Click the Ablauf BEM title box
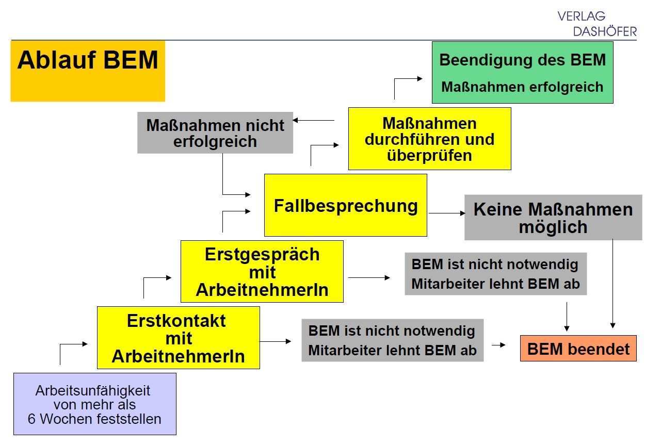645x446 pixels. click(88, 71)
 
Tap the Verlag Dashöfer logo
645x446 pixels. click(597, 24)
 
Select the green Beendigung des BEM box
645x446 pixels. click(522, 72)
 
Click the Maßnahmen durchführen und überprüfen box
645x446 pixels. click(429, 139)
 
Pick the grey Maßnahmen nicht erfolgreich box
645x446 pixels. click(215, 133)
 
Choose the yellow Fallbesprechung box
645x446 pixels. click(345, 205)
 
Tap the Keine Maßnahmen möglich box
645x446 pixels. click(553, 218)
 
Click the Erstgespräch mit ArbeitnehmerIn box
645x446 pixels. click(262, 271)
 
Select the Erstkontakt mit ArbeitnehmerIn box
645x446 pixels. click(178, 338)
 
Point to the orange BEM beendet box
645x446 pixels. click(578, 349)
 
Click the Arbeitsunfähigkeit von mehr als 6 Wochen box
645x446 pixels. click(94, 404)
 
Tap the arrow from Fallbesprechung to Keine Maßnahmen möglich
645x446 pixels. click(447, 213)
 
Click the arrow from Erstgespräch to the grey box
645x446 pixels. click(369, 277)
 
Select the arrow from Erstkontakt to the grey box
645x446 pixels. click(276, 341)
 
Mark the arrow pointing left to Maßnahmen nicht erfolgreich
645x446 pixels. click(314, 121)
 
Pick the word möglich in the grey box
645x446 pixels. click(553, 227)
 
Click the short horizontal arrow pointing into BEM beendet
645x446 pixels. click(498, 345)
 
